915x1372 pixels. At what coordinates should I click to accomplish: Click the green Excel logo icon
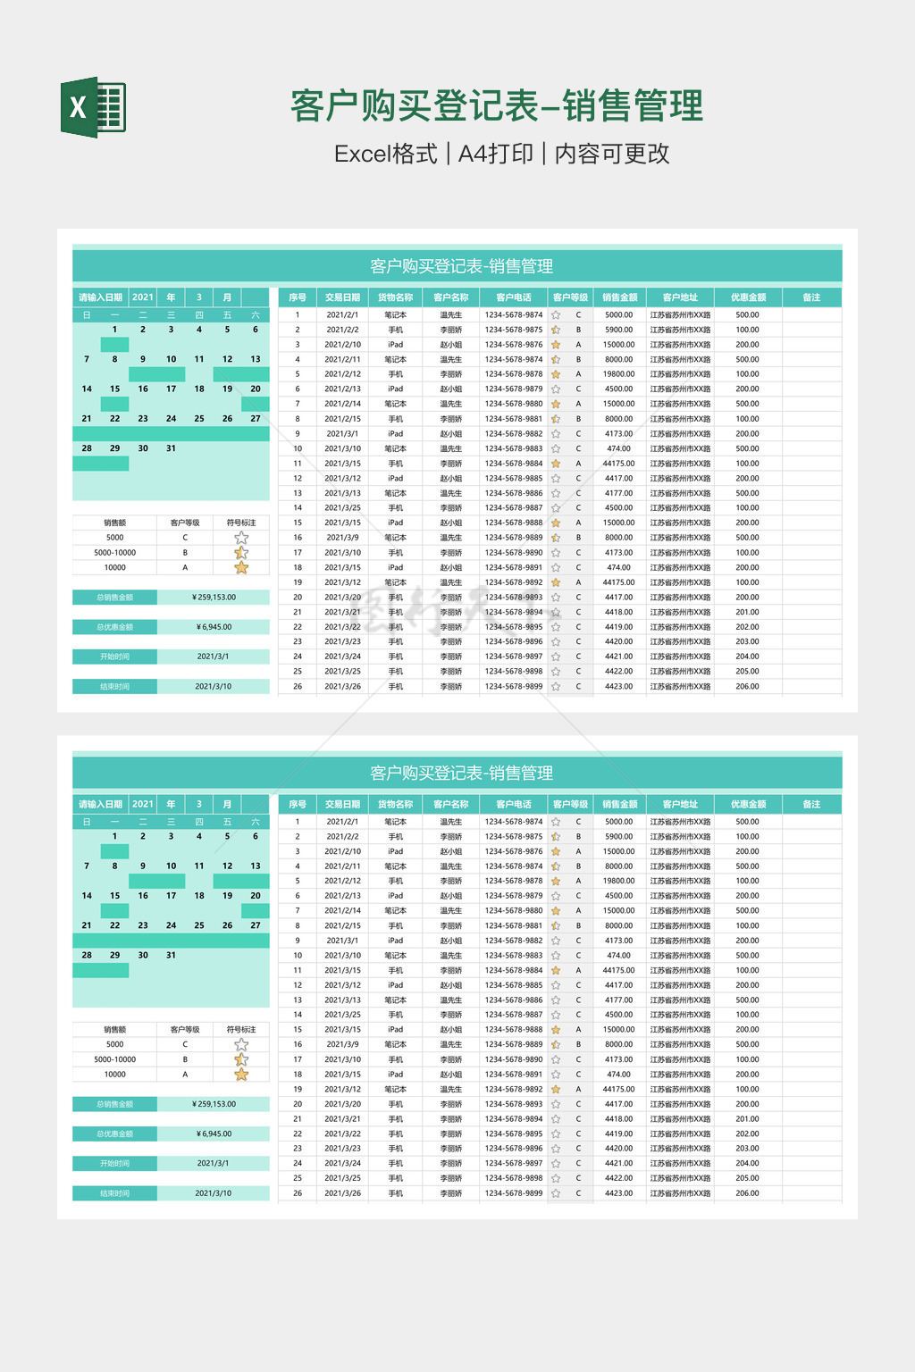click(93, 107)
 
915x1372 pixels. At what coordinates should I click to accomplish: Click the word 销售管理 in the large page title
click(633, 106)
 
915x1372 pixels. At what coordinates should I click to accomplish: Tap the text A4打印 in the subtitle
click(495, 154)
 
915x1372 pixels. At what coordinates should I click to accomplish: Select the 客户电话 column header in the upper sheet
click(514, 297)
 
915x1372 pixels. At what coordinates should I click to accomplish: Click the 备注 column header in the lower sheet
click(811, 804)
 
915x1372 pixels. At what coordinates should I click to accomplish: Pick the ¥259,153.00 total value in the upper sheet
click(214, 597)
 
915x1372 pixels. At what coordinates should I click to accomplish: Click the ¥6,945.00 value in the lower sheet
click(214, 1134)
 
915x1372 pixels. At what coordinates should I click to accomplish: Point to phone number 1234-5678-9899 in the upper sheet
click(514, 687)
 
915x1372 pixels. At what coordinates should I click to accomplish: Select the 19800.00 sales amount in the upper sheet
click(618, 374)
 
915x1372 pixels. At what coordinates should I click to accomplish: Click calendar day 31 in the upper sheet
click(171, 448)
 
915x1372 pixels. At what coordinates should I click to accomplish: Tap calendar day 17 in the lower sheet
click(171, 896)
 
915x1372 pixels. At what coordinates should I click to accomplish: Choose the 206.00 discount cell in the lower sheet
click(747, 1193)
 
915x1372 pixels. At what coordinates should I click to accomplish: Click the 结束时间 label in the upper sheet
click(114, 687)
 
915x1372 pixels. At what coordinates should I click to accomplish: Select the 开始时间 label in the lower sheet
click(114, 1164)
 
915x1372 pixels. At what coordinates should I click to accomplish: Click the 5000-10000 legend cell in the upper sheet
click(114, 553)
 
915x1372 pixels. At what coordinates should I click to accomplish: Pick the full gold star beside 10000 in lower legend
click(241, 1075)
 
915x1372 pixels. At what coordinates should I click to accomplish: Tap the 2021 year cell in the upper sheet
click(143, 297)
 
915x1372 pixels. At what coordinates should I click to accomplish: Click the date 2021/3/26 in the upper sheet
click(343, 687)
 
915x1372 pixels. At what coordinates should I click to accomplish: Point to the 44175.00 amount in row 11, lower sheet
click(618, 970)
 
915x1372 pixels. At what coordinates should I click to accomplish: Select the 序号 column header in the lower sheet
click(298, 804)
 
